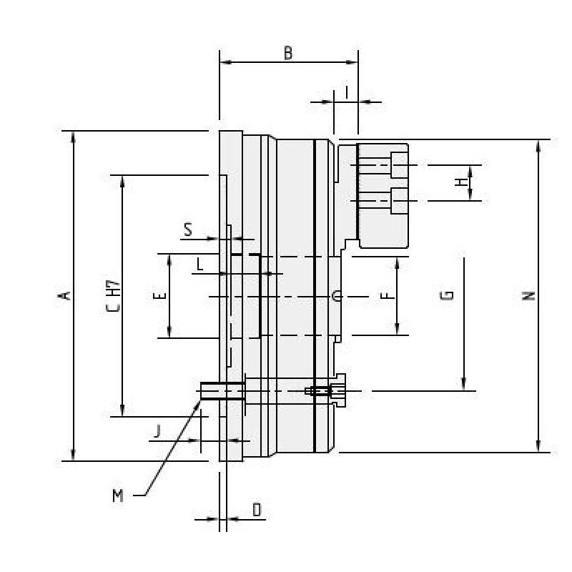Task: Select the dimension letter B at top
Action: [288, 53]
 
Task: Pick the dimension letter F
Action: [386, 295]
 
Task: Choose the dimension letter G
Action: [447, 295]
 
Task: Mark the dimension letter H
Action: [462, 183]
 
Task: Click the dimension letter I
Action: [346, 92]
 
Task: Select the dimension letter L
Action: [200, 265]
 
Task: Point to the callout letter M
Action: [118, 495]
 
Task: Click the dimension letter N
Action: [528, 295]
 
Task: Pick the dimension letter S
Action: [188, 230]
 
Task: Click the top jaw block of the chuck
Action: [383, 194]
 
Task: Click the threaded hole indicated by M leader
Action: [222, 390]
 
